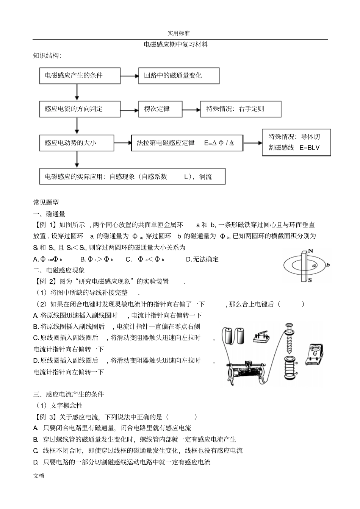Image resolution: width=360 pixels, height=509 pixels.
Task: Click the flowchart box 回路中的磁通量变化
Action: click(x=179, y=76)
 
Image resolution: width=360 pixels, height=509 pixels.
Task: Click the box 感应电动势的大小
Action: click(x=77, y=143)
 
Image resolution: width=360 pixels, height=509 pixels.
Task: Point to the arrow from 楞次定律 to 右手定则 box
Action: click(x=191, y=109)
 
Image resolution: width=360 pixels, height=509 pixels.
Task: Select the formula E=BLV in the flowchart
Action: click(x=310, y=148)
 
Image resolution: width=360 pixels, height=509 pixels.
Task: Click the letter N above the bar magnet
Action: click(x=310, y=251)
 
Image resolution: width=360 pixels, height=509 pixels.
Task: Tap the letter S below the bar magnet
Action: click(x=309, y=280)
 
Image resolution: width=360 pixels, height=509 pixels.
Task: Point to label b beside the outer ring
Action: click(x=328, y=265)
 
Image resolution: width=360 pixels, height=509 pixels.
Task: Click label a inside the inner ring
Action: click(x=314, y=266)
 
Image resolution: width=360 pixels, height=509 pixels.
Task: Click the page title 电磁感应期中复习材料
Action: click(x=176, y=45)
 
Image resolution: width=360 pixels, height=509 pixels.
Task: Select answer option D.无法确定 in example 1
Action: click(x=202, y=259)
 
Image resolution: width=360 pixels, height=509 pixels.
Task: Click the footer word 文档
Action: click(x=39, y=476)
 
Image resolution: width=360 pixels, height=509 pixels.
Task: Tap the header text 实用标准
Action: click(x=179, y=33)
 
